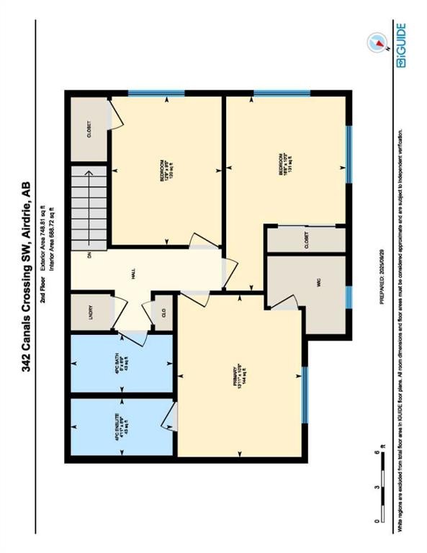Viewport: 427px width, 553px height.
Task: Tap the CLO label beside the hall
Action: pos(164,314)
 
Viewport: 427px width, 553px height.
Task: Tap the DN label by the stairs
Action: pos(89,254)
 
